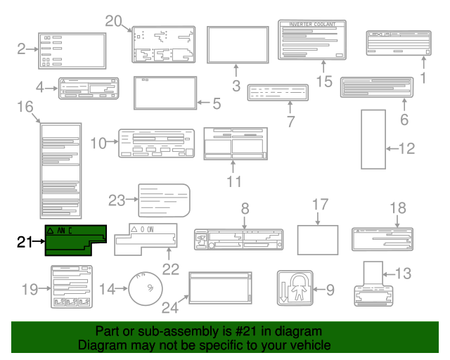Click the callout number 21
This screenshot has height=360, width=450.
coord(25,243)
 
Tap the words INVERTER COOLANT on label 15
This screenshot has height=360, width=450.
coord(313,25)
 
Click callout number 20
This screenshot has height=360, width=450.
coord(114,21)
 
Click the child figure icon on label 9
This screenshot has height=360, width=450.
coord(298,288)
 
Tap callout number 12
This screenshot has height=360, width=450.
coord(407,148)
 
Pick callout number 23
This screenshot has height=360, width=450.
coord(117,200)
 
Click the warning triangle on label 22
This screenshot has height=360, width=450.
coord(134,230)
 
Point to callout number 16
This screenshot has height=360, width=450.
coord(25,107)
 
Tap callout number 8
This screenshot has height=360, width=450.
coord(245,208)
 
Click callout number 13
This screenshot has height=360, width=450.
coord(423,274)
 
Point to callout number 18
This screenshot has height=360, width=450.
coord(398,208)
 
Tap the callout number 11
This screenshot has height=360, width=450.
coord(234,181)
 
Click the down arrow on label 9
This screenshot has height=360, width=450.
coord(284,295)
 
